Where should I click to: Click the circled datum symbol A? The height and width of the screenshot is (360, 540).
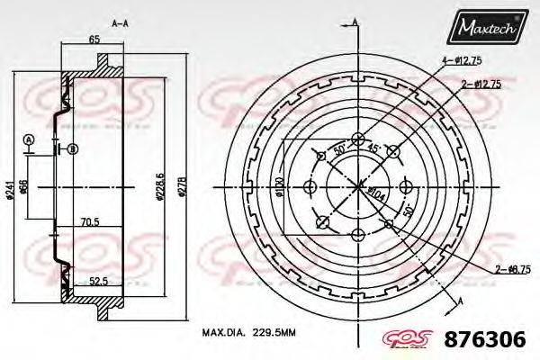(30, 139)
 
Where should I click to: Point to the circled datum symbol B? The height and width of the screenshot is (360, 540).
(72, 148)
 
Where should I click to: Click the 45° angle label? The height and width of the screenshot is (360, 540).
(372, 149)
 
